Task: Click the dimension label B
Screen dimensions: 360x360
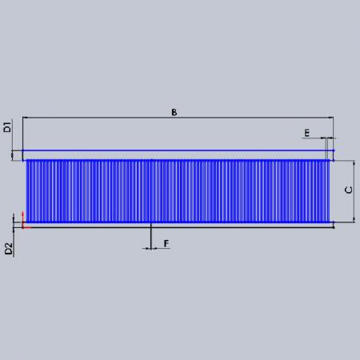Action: (174, 112)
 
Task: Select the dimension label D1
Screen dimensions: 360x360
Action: (8, 127)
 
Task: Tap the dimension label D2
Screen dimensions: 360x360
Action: (9, 249)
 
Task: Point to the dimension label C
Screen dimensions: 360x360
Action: (349, 190)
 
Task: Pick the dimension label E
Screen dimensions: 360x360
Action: (307, 133)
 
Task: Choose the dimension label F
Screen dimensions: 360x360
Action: (166, 243)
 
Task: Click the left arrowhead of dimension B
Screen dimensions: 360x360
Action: (26, 118)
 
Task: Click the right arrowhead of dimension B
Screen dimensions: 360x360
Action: (330, 118)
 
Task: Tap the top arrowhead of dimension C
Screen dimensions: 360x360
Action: (354, 163)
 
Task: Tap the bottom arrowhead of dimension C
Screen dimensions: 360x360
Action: (354, 219)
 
